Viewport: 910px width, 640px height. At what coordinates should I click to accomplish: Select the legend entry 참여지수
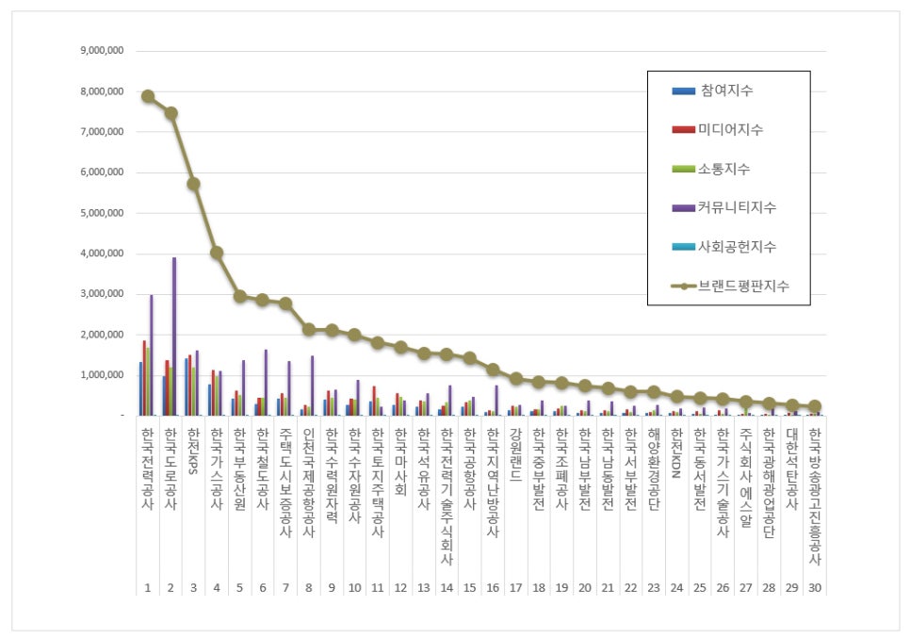coord(726,90)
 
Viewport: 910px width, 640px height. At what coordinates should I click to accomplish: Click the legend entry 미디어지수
coord(731,129)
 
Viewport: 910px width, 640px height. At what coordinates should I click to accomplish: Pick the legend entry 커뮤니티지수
coord(736,207)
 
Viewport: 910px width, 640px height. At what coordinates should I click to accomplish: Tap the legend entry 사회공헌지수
coord(736,247)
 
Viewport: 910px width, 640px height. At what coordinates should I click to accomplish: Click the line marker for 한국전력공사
coord(148,96)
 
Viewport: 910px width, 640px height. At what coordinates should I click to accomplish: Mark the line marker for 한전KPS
coord(193,184)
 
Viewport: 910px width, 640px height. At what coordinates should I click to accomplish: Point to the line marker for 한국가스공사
coord(217,253)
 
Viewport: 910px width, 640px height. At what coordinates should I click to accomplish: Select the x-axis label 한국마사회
coord(401,456)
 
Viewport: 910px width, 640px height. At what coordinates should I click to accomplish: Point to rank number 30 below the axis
coord(814,587)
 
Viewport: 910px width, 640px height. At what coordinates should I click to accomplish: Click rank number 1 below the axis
coord(148,587)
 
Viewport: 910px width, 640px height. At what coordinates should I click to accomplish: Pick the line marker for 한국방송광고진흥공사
coord(814,406)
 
